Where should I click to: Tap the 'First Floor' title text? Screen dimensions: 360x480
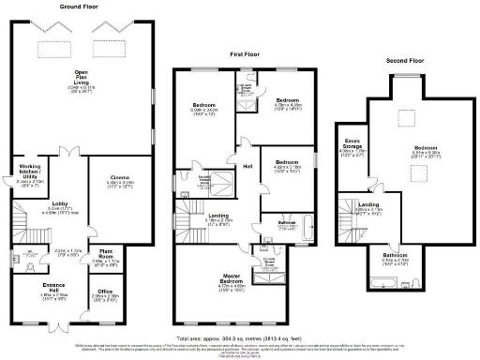click(246, 55)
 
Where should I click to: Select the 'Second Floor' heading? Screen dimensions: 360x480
click(404, 61)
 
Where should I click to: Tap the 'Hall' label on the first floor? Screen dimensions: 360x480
click(247, 167)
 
